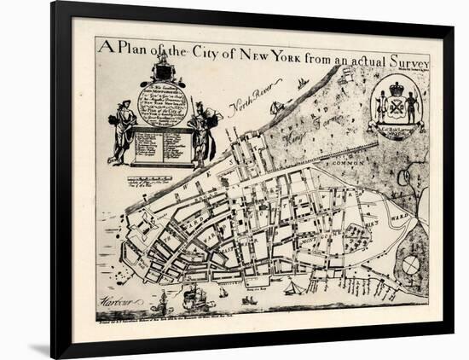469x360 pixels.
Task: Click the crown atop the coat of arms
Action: (397, 88)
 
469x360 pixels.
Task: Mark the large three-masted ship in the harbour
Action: (194, 298)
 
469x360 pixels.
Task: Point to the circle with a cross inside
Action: (411, 265)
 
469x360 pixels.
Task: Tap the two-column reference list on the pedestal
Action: (162, 146)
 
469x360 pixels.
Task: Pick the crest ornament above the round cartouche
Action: (162, 68)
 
